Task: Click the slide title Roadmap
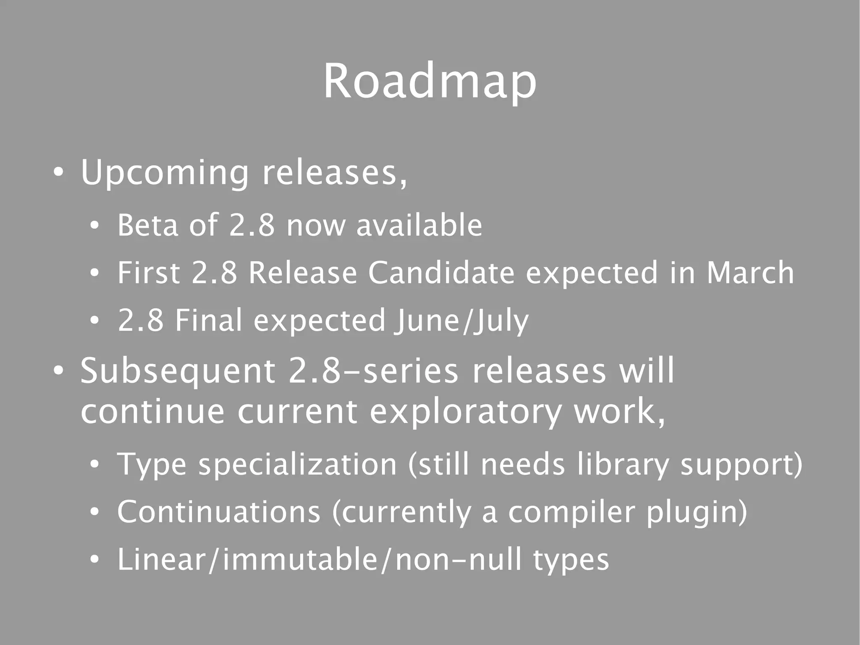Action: point(430,82)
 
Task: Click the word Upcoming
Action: point(165,173)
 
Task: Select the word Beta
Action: point(148,226)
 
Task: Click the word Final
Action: point(209,321)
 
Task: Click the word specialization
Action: point(297,465)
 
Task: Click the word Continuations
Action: point(219,512)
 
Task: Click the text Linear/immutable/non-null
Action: point(320,560)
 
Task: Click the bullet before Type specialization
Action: point(94,465)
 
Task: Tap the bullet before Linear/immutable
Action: point(94,560)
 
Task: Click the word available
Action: point(419,226)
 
